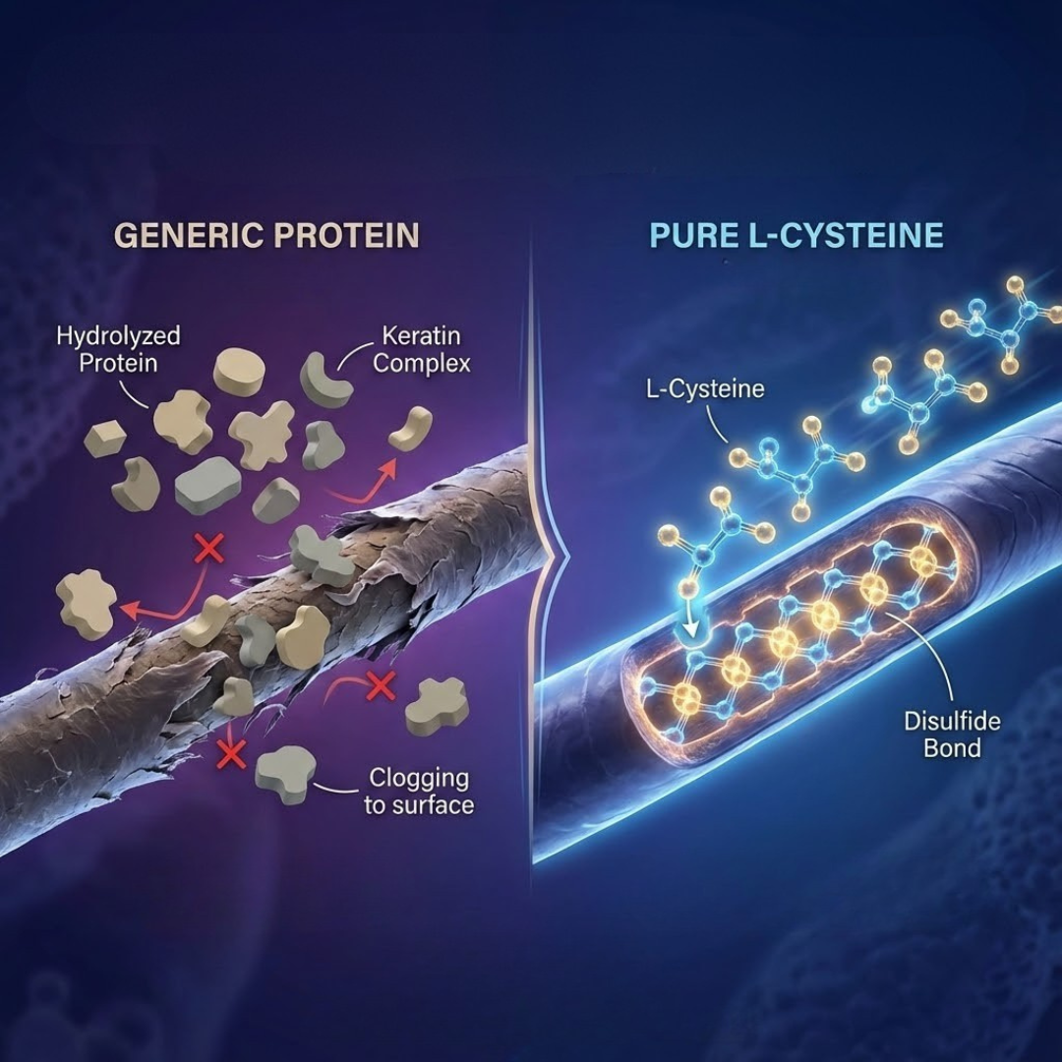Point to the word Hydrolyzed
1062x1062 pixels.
pyautogui.click(x=118, y=336)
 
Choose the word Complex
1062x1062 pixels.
pyautogui.click(x=422, y=363)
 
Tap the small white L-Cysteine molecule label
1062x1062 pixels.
pyautogui.click(x=704, y=388)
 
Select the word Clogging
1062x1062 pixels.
pyautogui.click(x=419, y=779)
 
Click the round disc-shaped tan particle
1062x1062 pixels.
pyautogui.click(x=239, y=372)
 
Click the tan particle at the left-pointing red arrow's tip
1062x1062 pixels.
pyautogui.click(x=87, y=602)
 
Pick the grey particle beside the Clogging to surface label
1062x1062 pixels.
pyautogui.click(x=284, y=773)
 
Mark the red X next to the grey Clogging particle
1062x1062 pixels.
pyautogui.click(x=231, y=754)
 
